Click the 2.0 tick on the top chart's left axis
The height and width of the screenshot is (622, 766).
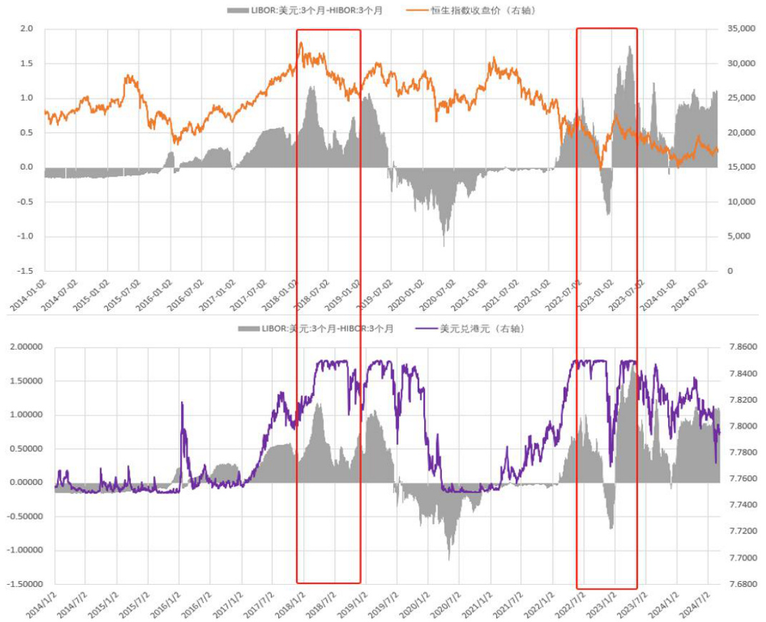coord(26,29)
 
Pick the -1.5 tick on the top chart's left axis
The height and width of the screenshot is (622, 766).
coord(25,271)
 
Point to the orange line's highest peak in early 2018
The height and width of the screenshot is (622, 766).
coord(301,43)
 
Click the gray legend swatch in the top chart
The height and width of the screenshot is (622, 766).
coord(237,10)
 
